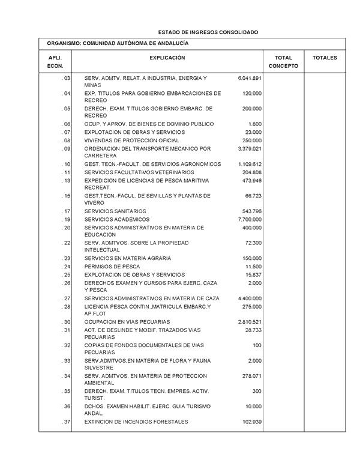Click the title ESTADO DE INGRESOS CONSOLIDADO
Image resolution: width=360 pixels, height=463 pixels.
[x=208, y=31]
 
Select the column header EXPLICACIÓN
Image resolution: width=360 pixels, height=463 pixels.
[x=167, y=58]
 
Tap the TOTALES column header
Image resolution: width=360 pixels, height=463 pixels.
[x=325, y=58]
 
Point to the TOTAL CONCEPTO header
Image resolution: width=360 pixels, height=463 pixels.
[x=283, y=61]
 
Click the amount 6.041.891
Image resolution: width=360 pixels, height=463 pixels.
[x=250, y=78]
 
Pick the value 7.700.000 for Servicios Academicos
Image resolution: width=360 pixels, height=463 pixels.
[x=250, y=219]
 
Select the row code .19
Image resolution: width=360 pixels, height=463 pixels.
[x=66, y=219]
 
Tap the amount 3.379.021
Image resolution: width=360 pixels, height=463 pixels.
[x=250, y=148]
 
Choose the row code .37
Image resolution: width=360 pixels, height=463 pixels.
[x=66, y=422]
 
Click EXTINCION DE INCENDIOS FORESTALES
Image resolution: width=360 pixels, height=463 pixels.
[x=136, y=422]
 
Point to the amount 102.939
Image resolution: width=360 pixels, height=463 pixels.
[x=251, y=422]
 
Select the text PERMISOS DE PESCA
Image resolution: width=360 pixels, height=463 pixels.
[x=112, y=266]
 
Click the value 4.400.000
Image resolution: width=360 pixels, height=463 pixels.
[x=250, y=298]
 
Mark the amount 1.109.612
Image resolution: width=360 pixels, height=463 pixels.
[x=250, y=164]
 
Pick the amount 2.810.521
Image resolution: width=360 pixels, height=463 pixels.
[x=250, y=321]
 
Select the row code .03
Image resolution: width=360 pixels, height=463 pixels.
[x=66, y=78]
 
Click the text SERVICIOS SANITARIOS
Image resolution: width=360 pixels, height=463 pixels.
[x=115, y=211]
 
